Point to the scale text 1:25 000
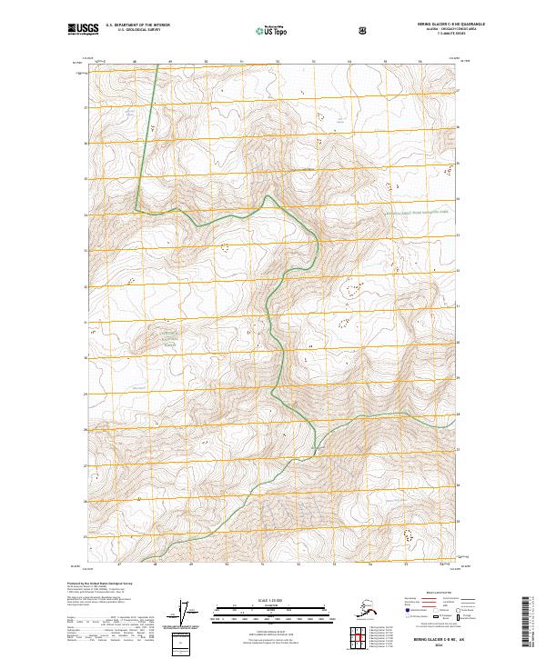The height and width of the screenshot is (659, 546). pos(273,601)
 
